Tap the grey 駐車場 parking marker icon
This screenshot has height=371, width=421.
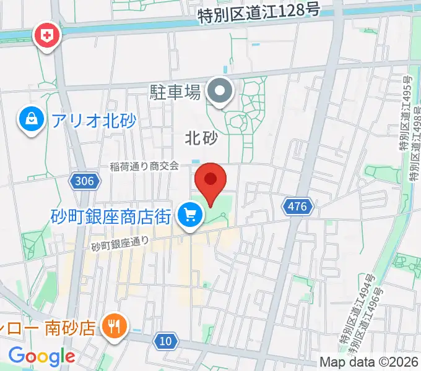coord(219,92)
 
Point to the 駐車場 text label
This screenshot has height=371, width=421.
coord(175,93)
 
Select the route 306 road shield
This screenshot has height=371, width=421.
coord(82,181)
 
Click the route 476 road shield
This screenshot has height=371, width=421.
coord(297,207)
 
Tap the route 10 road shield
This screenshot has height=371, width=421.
coord(165,341)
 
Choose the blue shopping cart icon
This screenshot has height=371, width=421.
coord(190,216)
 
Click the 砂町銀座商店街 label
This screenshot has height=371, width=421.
coord(111,216)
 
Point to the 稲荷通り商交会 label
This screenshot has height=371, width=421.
coord(144,166)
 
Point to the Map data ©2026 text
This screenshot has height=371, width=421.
coord(369,362)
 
